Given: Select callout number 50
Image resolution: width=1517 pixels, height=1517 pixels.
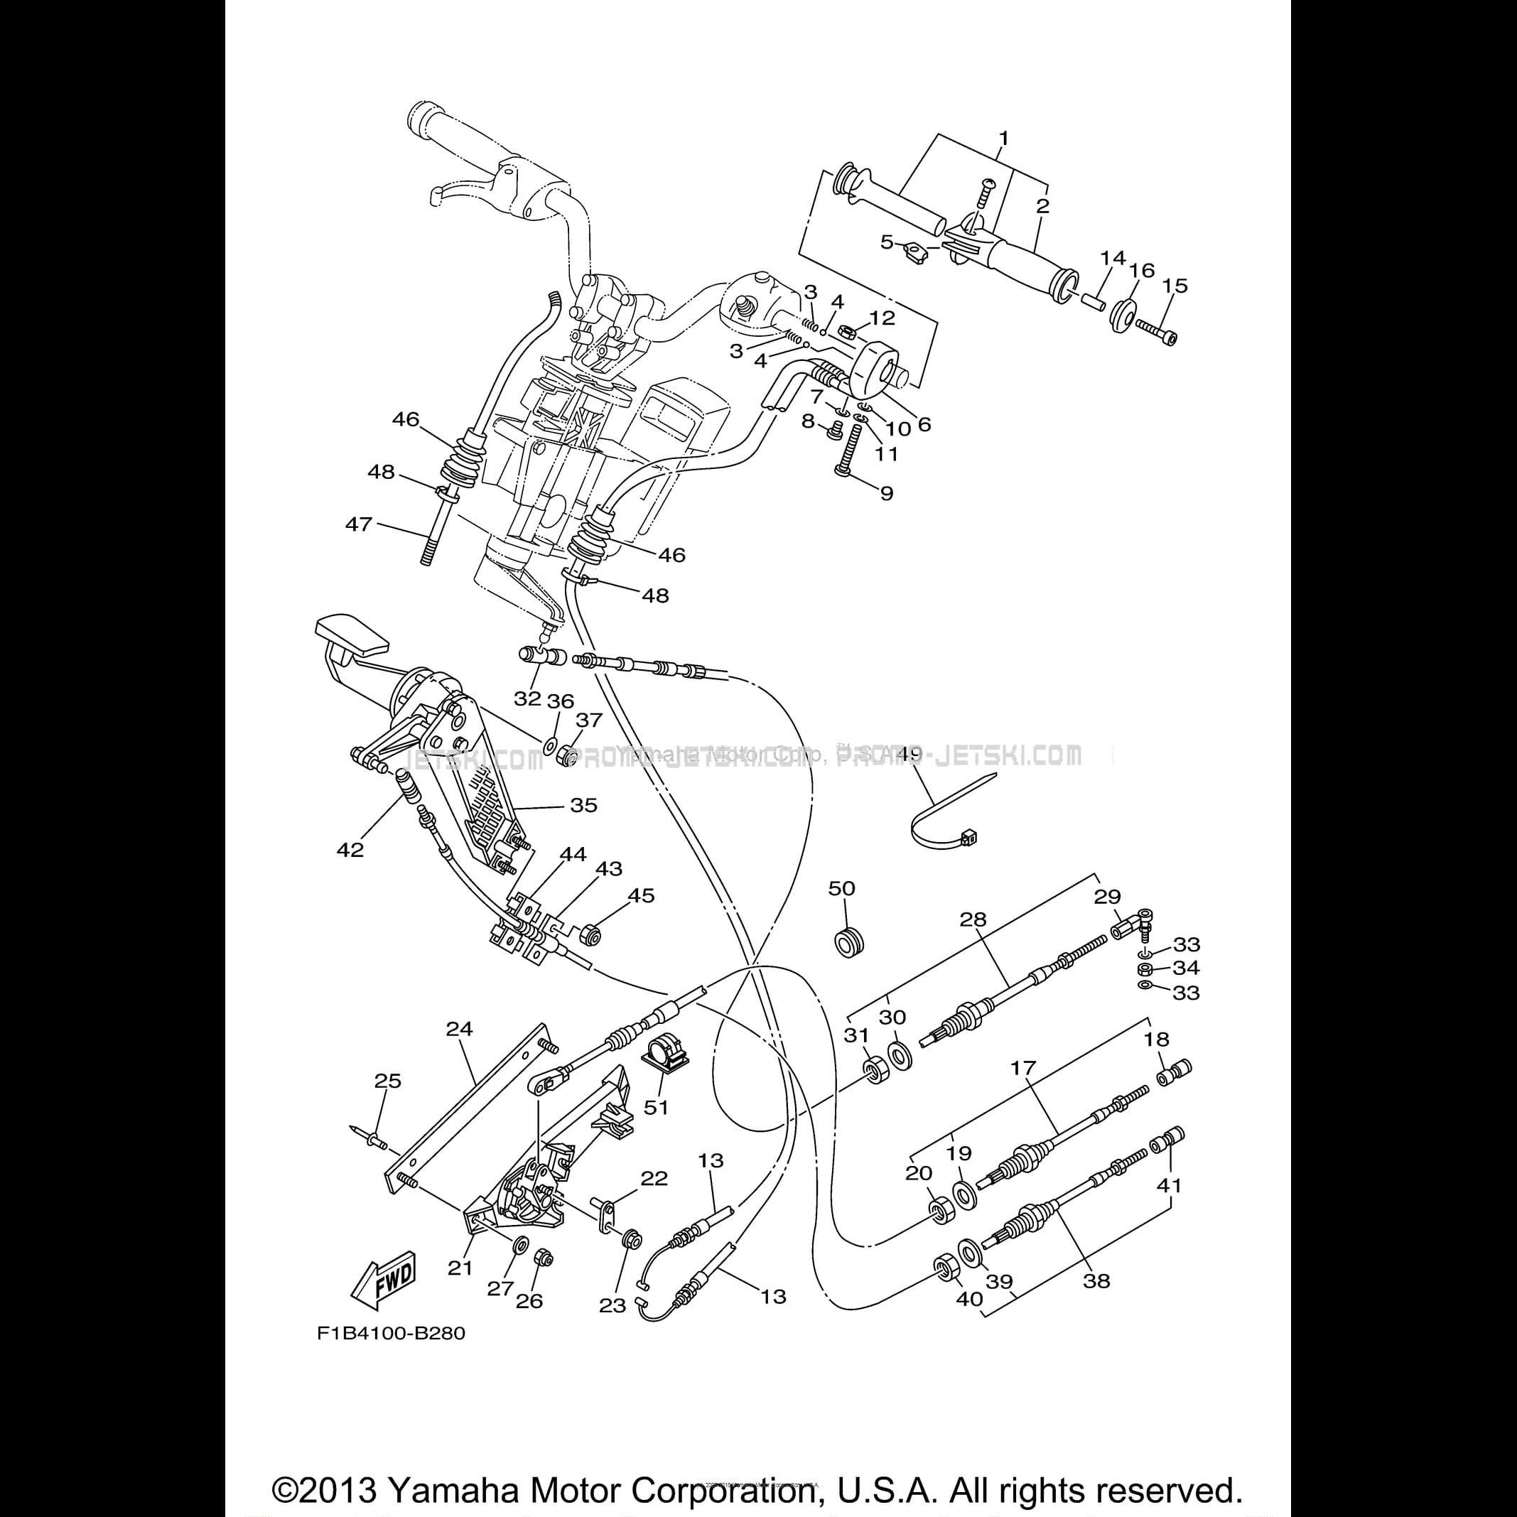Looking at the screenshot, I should point(842,888).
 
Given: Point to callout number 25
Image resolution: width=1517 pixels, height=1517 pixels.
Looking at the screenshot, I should point(388,1081).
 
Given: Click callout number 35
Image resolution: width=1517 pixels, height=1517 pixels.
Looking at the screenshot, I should point(583,805).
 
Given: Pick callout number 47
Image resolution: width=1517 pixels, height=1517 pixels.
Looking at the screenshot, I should point(358,524).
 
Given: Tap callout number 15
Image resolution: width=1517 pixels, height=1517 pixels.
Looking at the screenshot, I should point(1175,286).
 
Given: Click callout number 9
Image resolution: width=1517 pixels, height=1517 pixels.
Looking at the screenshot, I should point(887,493).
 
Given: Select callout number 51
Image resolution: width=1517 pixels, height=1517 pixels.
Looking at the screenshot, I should point(657,1107).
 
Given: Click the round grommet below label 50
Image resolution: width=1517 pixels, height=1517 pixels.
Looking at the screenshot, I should point(846,940).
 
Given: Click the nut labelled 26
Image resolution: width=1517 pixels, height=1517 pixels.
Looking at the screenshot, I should point(541,1258).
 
